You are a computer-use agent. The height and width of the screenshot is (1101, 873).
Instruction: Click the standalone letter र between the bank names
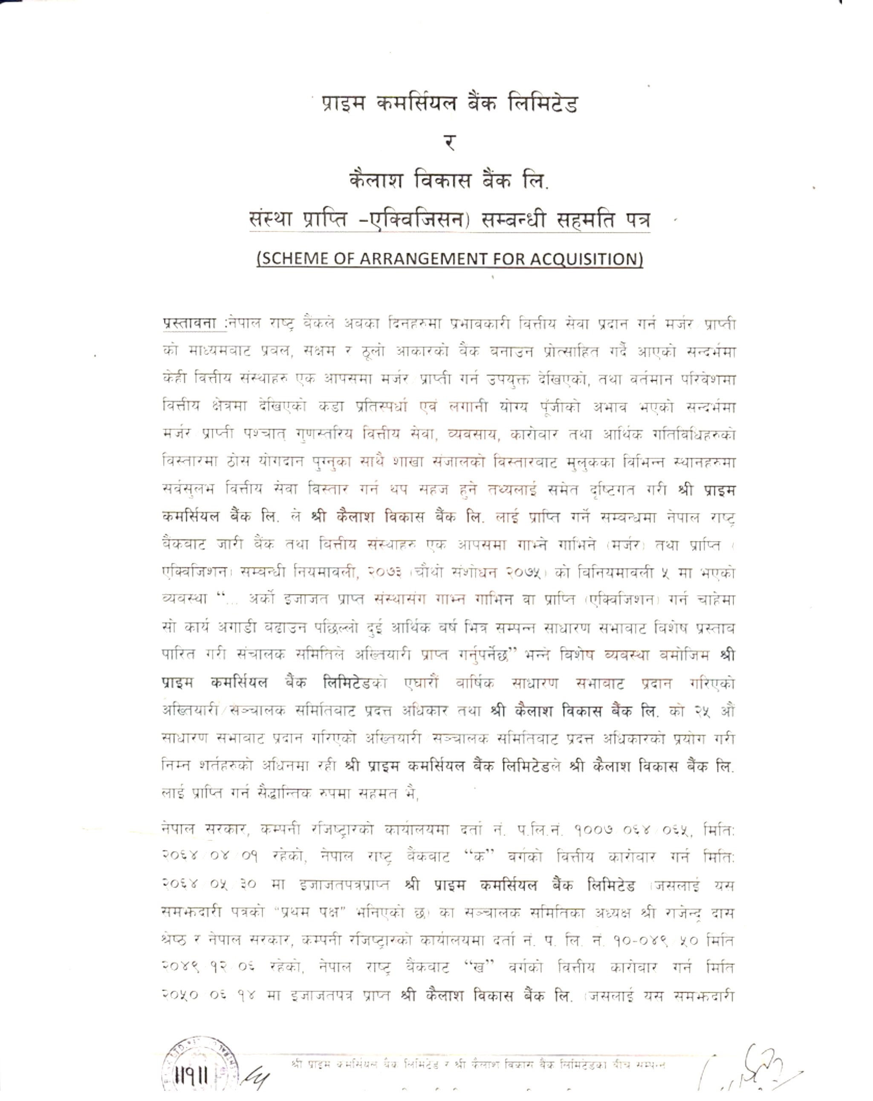click(x=449, y=143)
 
